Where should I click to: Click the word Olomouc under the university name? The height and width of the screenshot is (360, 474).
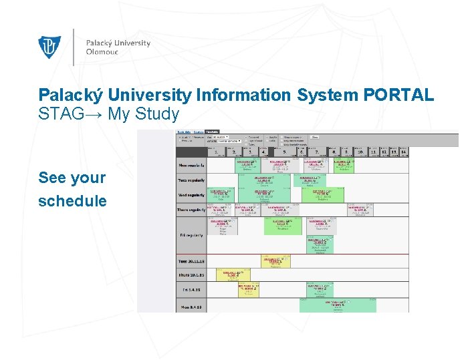point(102,53)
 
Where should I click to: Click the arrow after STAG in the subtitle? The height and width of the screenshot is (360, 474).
point(94,114)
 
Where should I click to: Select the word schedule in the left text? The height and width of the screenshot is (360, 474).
point(72,201)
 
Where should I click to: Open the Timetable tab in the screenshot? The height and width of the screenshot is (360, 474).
point(213,132)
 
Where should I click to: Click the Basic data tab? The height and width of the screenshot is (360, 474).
point(184,132)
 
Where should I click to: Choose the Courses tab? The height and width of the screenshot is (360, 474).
point(199,132)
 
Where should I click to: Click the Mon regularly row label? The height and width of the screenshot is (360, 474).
point(191,165)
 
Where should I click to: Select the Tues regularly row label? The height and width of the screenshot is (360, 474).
point(191,180)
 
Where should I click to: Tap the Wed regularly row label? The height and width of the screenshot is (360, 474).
point(191,195)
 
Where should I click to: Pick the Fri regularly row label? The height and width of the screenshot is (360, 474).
point(191,235)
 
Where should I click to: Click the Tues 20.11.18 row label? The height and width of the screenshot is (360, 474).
point(191,261)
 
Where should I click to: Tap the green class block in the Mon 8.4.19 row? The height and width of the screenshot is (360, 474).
point(338,305)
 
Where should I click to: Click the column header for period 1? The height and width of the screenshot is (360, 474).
point(216,152)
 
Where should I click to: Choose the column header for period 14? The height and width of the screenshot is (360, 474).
point(404,152)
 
